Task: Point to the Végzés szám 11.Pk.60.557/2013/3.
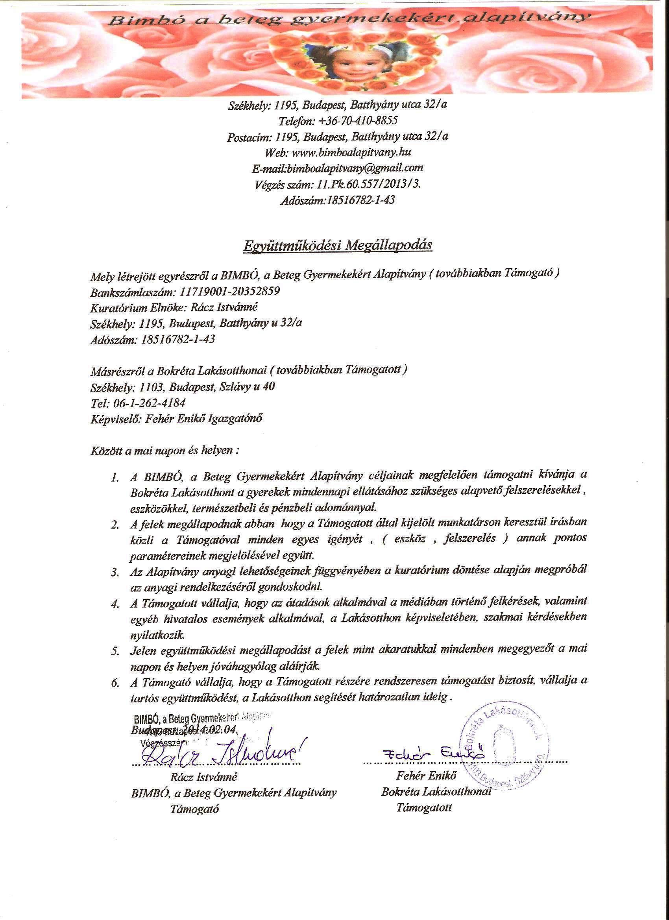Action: point(368,184)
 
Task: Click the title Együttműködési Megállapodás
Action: point(337,246)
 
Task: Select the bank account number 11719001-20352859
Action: point(229,291)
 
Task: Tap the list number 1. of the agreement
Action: point(115,478)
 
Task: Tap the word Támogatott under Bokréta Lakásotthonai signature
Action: point(423,807)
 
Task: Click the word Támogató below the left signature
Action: point(195,809)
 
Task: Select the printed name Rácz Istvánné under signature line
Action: point(204,777)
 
